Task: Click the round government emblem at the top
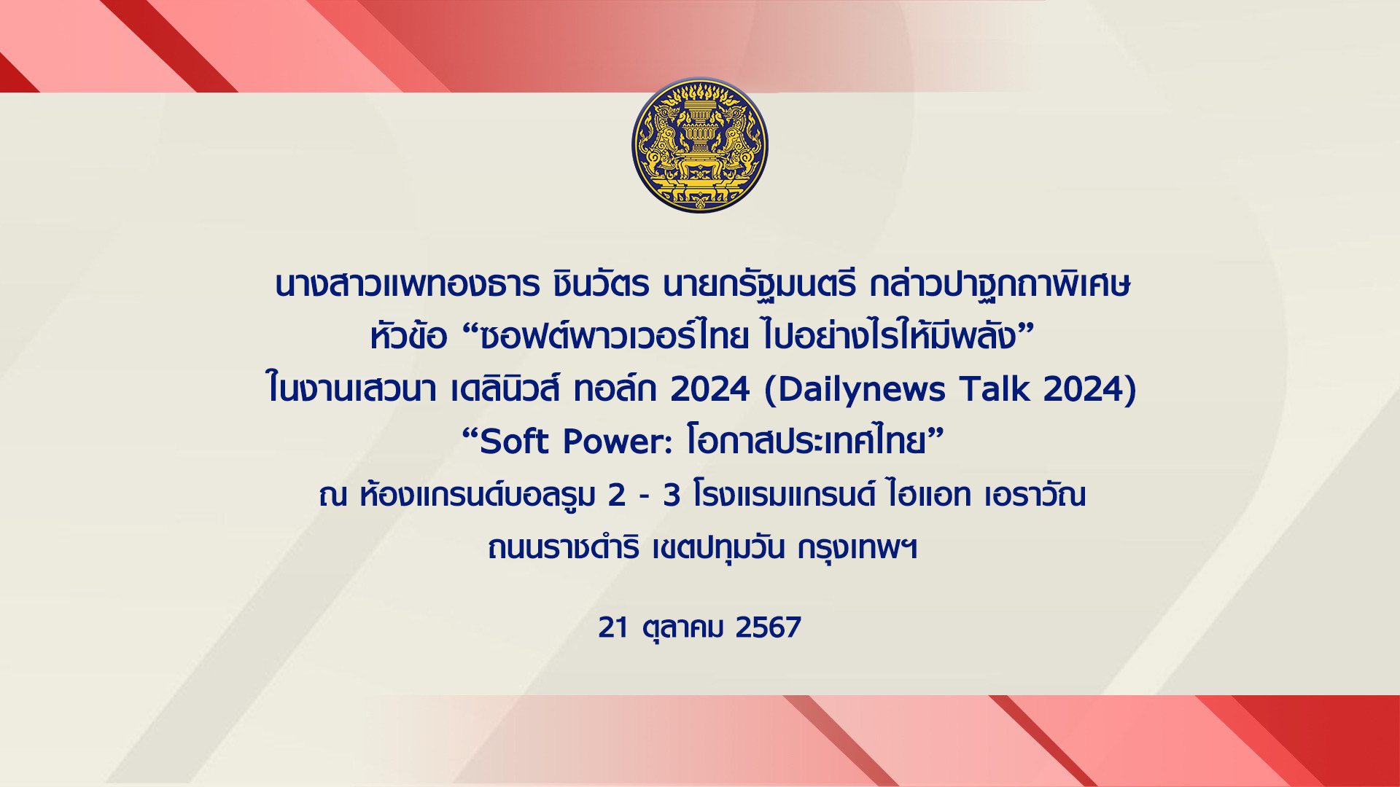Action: (x=700, y=146)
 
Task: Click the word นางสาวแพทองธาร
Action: (x=408, y=284)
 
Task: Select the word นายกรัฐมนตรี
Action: (x=760, y=284)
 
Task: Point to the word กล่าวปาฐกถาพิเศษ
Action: (x=1000, y=284)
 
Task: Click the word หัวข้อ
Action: (x=408, y=335)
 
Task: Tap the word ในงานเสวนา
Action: (x=352, y=388)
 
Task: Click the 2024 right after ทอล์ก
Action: (x=710, y=388)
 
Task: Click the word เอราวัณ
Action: (x=1035, y=495)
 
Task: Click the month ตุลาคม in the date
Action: (x=683, y=627)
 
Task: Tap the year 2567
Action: (x=769, y=627)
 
